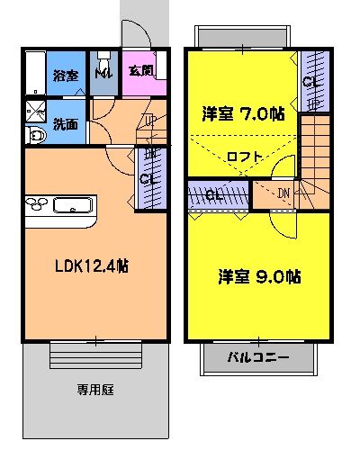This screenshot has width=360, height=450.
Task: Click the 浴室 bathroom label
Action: [67, 76]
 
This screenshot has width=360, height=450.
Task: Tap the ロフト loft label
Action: [244, 157]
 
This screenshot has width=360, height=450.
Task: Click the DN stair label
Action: [283, 193]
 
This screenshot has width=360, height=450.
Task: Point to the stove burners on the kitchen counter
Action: [36, 203]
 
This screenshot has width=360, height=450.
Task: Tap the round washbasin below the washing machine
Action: [35, 136]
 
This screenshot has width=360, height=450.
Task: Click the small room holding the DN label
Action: [274, 193]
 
